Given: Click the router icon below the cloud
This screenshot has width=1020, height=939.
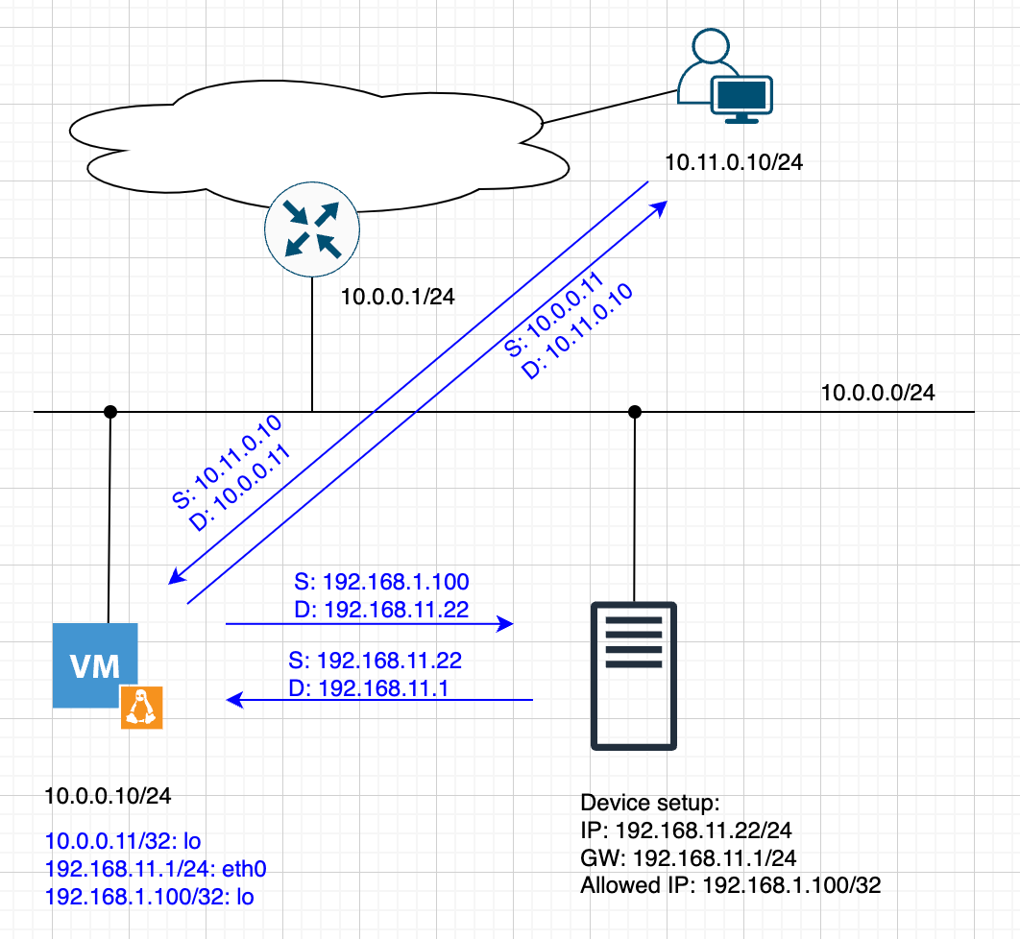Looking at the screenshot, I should click(x=311, y=228).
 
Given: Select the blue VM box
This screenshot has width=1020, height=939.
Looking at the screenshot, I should click(x=93, y=665).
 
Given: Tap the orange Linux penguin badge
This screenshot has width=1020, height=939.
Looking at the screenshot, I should click(x=141, y=708).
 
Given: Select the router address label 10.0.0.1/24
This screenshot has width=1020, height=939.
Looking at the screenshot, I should click(x=398, y=298).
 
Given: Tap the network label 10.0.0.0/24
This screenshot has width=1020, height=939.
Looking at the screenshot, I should click(x=878, y=393).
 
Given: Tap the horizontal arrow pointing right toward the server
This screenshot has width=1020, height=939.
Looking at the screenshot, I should click(x=369, y=624).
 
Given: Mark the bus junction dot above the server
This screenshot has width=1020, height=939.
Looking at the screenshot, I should click(x=634, y=412).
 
